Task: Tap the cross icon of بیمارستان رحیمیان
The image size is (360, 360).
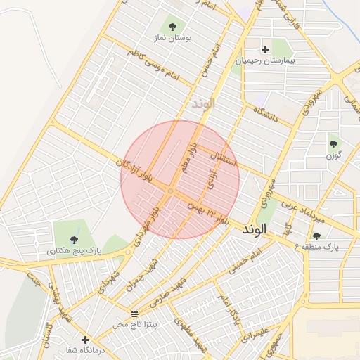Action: [265, 49]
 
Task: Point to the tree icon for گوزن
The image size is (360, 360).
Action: [333, 143]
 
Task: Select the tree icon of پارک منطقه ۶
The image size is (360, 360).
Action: [316, 236]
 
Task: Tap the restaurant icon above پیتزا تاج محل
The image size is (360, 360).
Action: [135, 313]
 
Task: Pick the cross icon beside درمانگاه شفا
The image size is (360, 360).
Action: [85, 340]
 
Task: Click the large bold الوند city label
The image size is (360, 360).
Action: [255, 230]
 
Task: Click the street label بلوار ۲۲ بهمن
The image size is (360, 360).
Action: [210, 212]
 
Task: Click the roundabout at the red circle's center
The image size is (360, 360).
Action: [171, 191]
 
